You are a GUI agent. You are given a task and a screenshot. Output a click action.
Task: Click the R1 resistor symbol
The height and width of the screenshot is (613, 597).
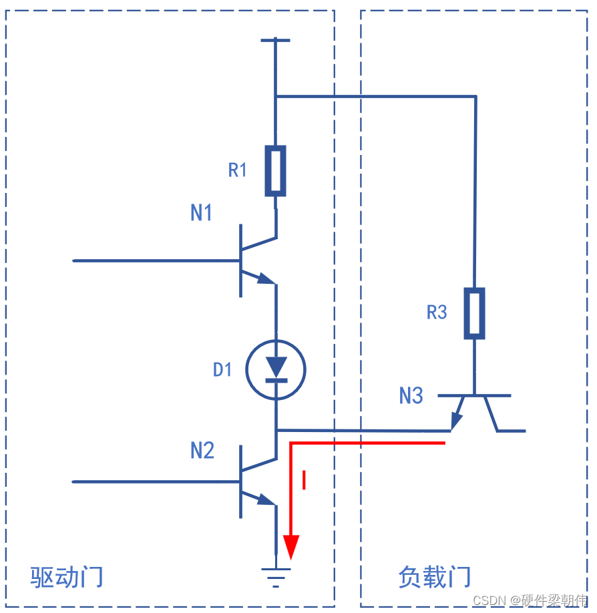[x=275, y=171]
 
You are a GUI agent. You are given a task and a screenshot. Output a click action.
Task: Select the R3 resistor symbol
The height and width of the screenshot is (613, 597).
[x=474, y=313]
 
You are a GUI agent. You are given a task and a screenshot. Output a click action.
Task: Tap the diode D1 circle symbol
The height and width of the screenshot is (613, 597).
[x=276, y=369]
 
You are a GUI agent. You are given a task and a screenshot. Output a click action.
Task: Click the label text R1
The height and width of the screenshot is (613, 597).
[x=238, y=170]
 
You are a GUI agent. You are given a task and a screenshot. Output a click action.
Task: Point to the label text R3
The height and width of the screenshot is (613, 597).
[x=437, y=312]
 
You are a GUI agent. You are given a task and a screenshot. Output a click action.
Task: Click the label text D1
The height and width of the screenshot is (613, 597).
[x=222, y=369]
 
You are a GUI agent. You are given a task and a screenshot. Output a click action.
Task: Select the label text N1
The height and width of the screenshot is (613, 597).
[x=202, y=213]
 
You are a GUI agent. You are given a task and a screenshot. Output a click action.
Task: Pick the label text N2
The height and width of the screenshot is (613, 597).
[x=202, y=451]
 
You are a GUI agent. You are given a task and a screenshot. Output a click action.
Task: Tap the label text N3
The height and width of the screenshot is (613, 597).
[x=411, y=396]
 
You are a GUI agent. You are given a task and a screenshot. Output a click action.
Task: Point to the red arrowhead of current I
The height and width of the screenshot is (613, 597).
[x=290, y=547]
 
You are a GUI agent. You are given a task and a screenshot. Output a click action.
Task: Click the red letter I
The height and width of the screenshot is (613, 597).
[x=305, y=480]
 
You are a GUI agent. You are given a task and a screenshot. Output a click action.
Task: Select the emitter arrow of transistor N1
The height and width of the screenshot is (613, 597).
[x=266, y=278]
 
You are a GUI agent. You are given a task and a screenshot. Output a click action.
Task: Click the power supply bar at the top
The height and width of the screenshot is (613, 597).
[x=275, y=40]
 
